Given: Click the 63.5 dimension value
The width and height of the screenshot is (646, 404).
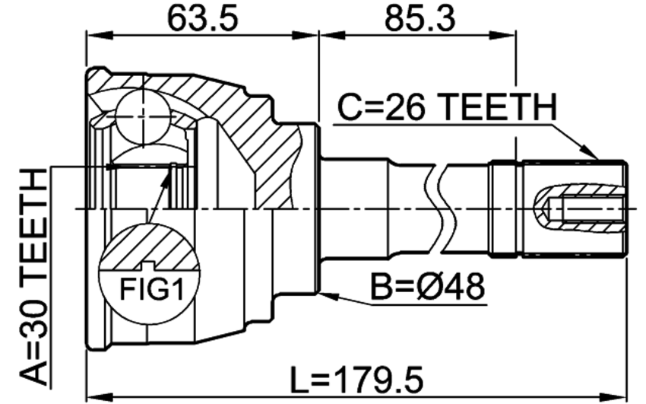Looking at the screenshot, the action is pos(202,18).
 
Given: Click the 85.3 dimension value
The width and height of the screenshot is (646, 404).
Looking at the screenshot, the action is pos(420,18).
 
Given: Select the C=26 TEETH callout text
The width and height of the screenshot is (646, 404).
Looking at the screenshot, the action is pos(447,107).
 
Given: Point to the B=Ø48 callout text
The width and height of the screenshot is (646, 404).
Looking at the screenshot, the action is pos(428,287).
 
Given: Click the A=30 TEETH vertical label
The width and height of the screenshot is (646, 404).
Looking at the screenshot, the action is pos(33,277).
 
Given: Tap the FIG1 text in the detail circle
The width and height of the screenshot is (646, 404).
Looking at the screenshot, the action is pos(151,289).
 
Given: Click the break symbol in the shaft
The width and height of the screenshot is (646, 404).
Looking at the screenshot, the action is pos(442,209).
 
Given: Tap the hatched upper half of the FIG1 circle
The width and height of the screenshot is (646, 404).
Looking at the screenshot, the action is pos(149,248).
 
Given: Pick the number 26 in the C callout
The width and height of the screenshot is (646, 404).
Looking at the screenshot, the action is pos(404,107).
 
